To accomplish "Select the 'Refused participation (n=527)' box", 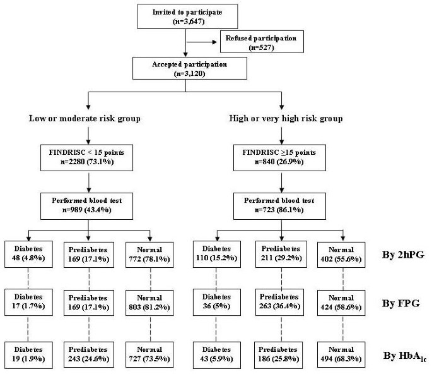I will coord(261,43).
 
